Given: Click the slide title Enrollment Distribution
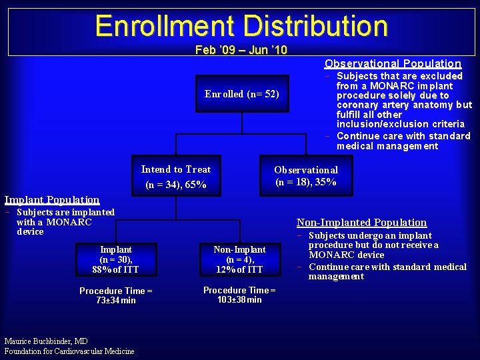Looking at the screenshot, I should [x=241, y=26].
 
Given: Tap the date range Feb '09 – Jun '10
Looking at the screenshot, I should [x=241, y=50].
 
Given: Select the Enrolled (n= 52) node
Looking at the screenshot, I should [x=241, y=94].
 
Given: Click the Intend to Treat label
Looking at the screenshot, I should [x=176, y=169].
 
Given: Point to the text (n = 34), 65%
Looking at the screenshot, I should [x=176, y=185].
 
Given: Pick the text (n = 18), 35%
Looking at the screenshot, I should [x=306, y=182].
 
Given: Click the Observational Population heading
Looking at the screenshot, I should [x=393, y=63].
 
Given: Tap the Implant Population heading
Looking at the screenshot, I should [x=52, y=199].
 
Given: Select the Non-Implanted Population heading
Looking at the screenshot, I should [x=361, y=223].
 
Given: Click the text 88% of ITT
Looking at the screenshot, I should [x=116, y=269].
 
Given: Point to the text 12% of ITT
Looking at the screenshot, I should [x=239, y=269].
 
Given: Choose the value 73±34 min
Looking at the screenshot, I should [x=116, y=301].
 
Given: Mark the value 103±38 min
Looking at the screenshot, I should [x=239, y=300].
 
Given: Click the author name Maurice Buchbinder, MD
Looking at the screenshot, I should [x=45, y=341].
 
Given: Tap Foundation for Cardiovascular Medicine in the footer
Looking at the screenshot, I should [x=69, y=351].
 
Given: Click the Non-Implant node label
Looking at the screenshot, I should [x=239, y=249].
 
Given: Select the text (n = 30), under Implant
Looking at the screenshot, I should [x=116, y=259].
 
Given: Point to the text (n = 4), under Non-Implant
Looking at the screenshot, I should [x=239, y=259].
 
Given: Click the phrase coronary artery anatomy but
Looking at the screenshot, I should [x=404, y=105].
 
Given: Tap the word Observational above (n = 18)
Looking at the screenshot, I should [x=306, y=170].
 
